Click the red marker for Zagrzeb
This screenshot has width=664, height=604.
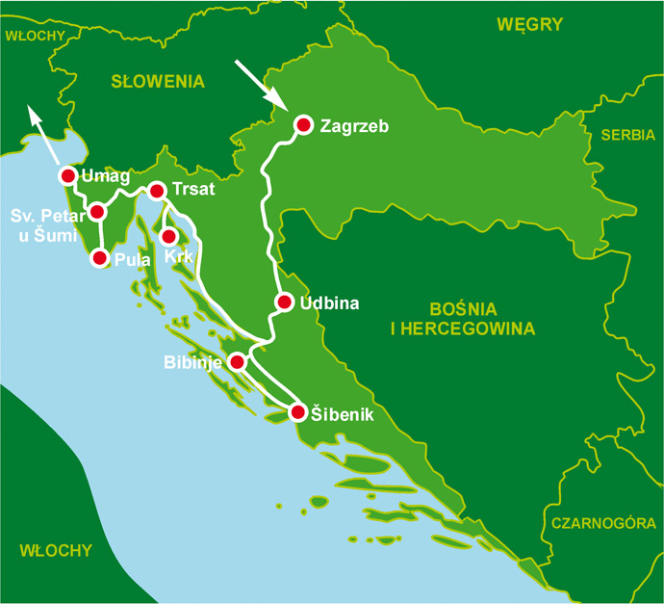(304, 124)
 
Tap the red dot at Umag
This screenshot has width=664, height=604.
(67, 175)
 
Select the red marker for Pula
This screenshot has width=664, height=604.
(99, 257)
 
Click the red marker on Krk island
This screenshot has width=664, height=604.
(169, 236)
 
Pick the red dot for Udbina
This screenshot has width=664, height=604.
(284, 302)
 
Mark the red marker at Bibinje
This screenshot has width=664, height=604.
(237, 362)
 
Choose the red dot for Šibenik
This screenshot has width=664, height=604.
(297, 413)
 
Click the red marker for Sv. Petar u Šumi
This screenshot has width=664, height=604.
(96, 211)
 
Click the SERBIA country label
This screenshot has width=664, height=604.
(627, 135)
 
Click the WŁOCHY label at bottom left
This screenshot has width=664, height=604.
(55, 551)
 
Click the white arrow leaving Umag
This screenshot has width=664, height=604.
(42, 134)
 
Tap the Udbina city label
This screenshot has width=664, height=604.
(329, 303)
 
